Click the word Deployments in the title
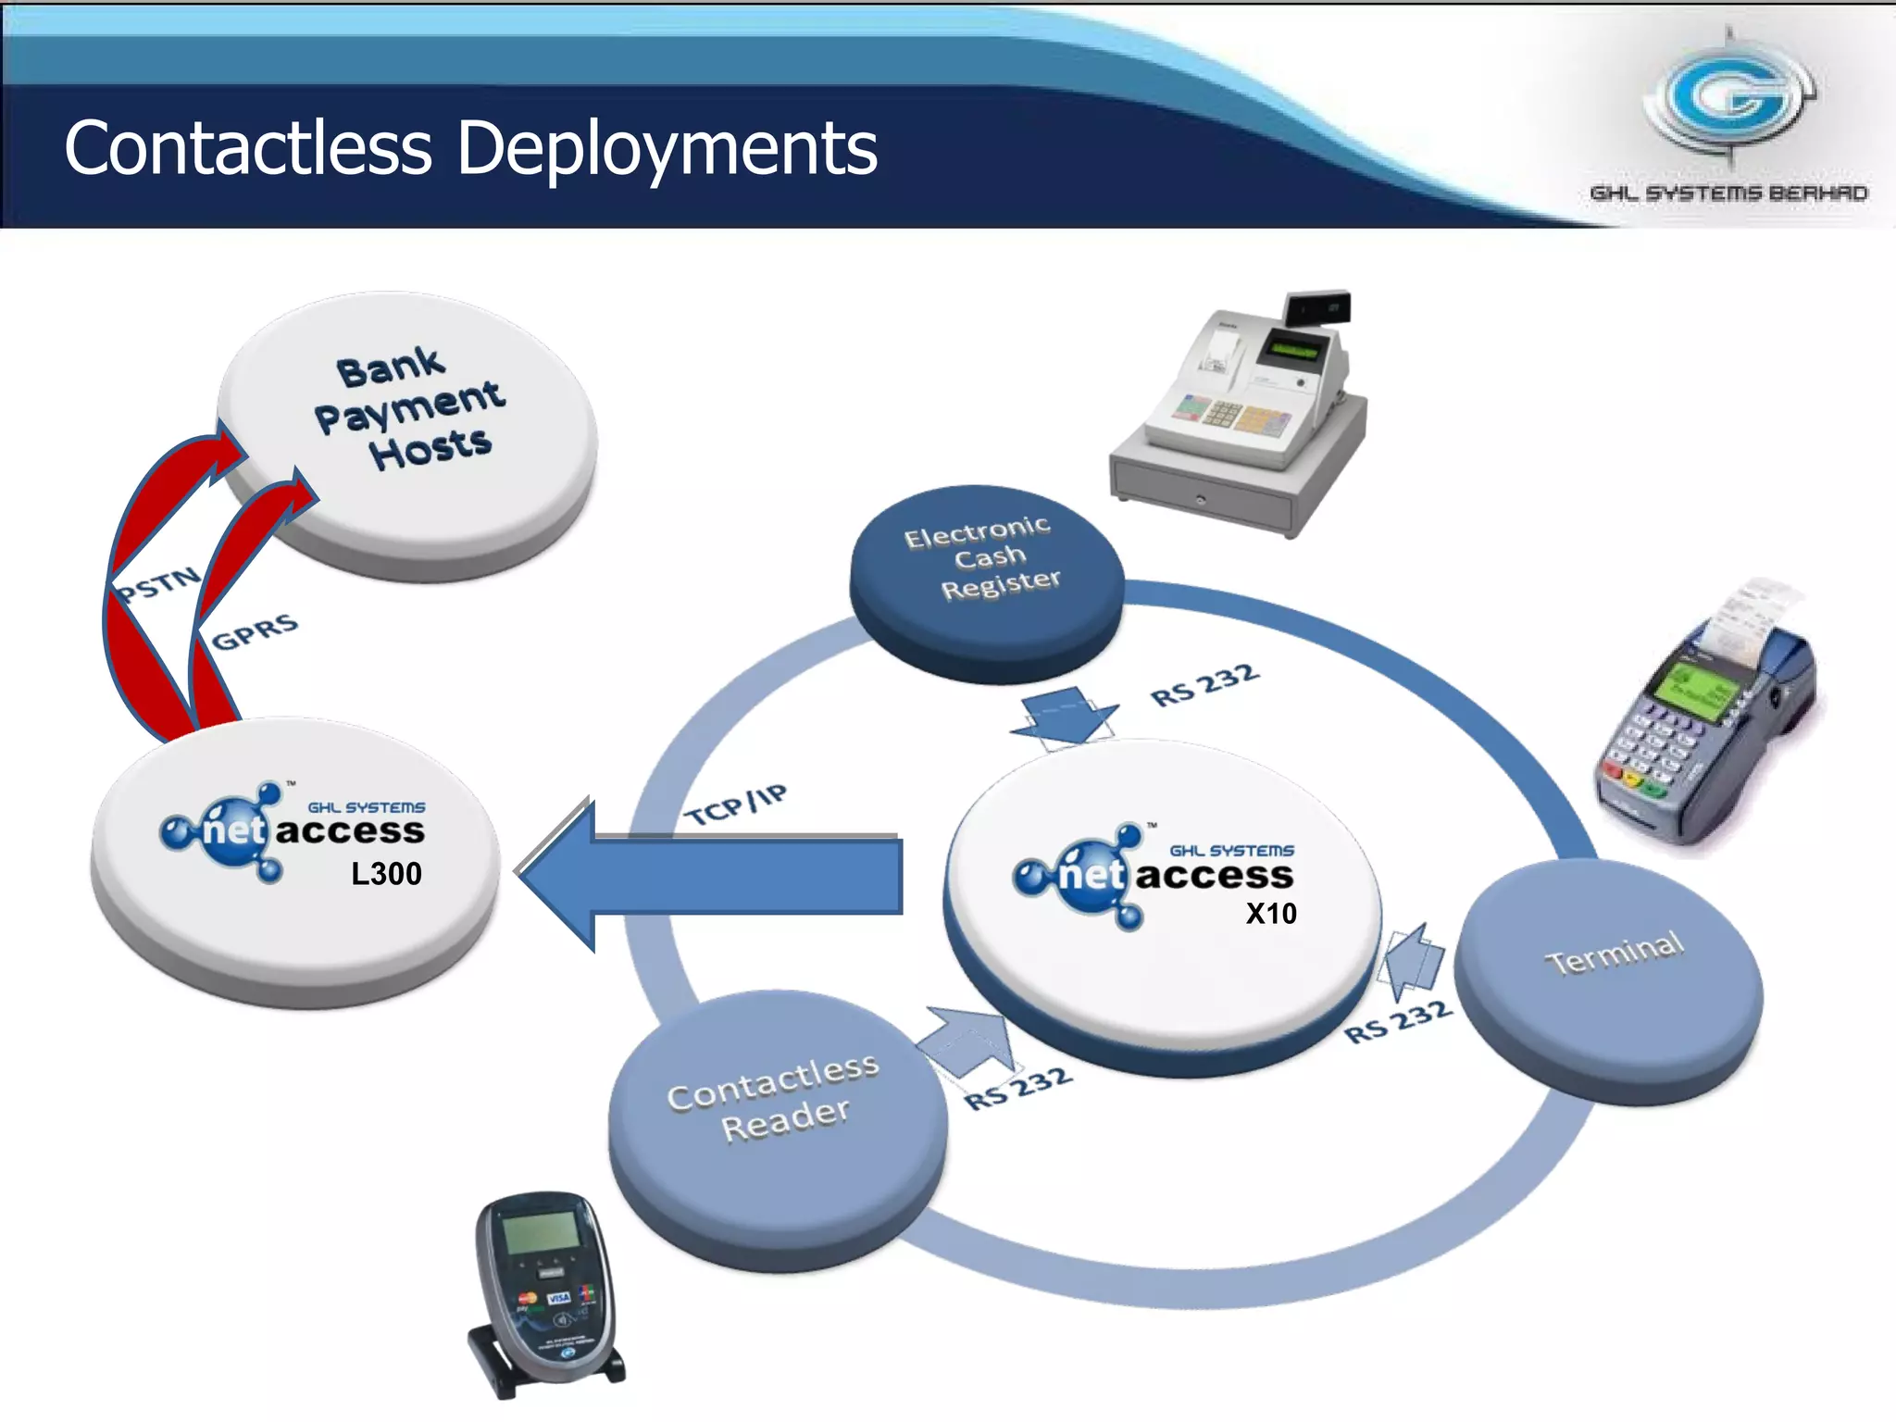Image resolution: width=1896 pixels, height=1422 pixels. pos(667,148)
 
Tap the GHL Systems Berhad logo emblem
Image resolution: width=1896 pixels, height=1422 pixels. pos(1729,98)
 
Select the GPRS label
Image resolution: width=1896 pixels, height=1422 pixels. pos(255,631)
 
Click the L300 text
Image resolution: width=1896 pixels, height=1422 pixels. pos(386,874)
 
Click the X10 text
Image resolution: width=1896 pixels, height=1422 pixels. pos(1270,914)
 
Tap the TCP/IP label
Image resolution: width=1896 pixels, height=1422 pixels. pos(735,804)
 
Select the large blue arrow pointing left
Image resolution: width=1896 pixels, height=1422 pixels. pos(713,875)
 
